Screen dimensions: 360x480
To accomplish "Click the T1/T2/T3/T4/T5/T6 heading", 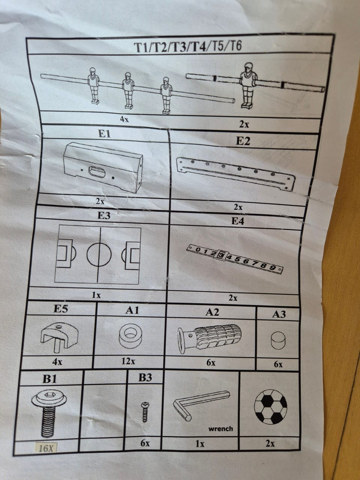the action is (x=188, y=46).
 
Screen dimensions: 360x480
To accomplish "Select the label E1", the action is (x=105, y=133).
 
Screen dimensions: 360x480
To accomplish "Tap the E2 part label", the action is (x=243, y=141).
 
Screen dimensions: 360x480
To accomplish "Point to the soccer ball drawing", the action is (x=271, y=406).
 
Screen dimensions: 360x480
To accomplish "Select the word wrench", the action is (x=220, y=429).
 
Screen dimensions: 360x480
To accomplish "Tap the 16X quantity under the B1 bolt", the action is (x=46, y=448).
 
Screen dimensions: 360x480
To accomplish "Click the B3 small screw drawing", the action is (x=145, y=412).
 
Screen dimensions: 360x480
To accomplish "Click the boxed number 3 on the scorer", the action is (x=222, y=255).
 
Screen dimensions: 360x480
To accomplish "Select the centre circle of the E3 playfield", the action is (x=99, y=255).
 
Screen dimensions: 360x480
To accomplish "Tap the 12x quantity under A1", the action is (x=128, y=361).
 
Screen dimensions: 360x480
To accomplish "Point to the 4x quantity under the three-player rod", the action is (x=124, y=119).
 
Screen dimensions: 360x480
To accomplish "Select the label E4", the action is (x=238, y=221).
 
